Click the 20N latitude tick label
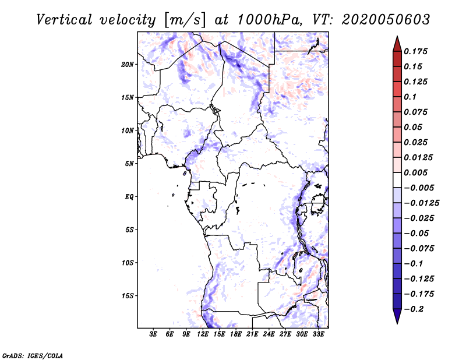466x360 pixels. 128,64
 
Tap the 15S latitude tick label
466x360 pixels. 128,295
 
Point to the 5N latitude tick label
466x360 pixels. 129,163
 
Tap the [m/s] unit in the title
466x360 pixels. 185,19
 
